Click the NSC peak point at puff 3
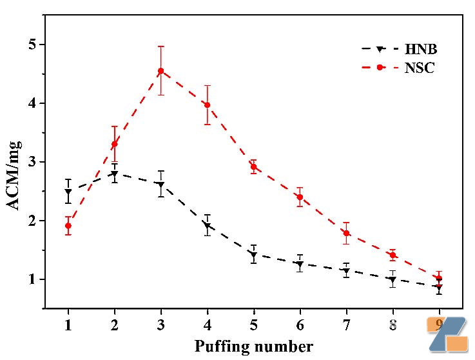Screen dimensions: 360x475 click(160, 71)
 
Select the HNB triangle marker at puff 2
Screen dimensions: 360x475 click(114, 174)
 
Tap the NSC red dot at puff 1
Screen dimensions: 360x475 click(68, 226)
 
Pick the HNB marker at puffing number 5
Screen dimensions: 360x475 click(253, 254)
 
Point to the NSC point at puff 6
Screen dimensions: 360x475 click(300, 197)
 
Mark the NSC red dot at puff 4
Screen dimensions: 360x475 click(207, 105)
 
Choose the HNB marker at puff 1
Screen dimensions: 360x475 click(68, 192)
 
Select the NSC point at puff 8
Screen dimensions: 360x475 click(392, 255)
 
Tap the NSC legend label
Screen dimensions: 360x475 click(420, 68)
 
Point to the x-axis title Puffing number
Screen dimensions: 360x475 click(253, 346)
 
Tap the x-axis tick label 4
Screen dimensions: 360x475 click(207, 323)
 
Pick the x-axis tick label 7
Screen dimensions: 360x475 click(346, 323)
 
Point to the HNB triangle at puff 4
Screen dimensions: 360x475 click(207, 226)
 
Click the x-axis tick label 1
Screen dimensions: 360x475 click(68, 323)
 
